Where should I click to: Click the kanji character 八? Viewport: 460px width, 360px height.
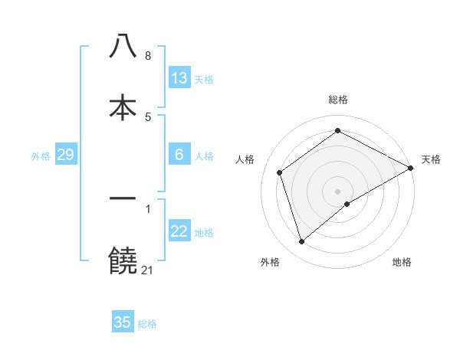click(x=123, y=47)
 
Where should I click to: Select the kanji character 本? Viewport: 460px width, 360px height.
click(x=123, y=108)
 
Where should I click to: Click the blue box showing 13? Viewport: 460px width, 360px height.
click(x=179, y=78)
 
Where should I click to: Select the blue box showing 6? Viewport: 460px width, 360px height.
click(x=179, y=155)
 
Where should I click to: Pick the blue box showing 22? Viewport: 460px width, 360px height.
click(x=179, y=232)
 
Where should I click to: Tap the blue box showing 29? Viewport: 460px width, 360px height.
click(x=65, y=155)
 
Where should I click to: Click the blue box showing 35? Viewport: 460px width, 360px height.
click(x=123, y=322)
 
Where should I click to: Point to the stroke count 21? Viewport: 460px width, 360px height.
click(x=148, y=270)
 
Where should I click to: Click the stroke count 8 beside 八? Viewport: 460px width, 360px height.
click(x=148, y=56)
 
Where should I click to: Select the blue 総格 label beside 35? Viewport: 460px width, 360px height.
click(x=147, y=324)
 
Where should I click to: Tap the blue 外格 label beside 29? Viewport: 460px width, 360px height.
click(x=41, y=156)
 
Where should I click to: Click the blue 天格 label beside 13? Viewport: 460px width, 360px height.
click(x=204, y=80)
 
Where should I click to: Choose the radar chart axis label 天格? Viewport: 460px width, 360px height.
click(x=431, y=159)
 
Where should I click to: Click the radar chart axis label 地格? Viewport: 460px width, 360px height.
click(x=402, y=263)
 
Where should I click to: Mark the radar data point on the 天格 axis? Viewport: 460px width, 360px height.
click(x=411, y=168)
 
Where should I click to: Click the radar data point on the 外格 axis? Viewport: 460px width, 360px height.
click(x=302, y=242)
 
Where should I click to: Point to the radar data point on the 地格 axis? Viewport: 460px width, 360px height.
click(x=347, y=204)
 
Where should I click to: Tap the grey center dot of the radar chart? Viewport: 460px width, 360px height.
click(x=338, y=191)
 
